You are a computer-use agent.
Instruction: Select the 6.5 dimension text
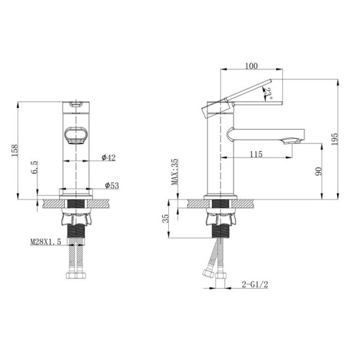point(33,168)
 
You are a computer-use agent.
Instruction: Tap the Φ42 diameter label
point(109,158)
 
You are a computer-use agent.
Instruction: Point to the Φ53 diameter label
point(111,186)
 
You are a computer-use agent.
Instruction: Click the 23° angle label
point(269,96)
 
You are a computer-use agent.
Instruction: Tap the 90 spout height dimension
point(319,171)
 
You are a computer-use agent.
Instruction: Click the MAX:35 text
point(175,172)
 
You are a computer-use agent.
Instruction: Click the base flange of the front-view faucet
point(76,193)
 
